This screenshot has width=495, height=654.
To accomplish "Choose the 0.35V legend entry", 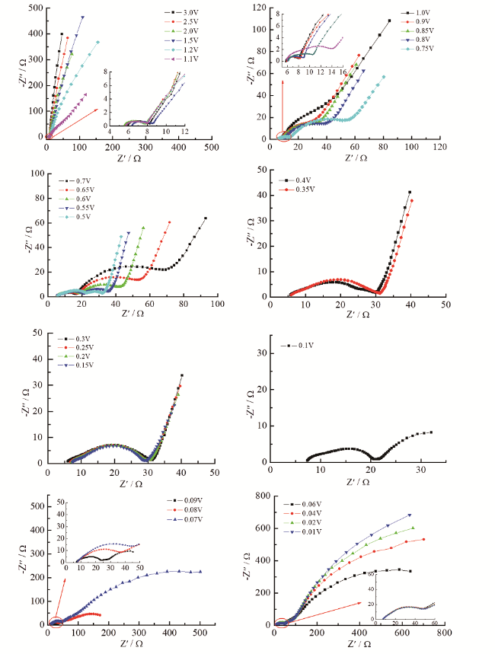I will click(295, 190).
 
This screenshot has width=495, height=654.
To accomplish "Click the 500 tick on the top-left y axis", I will click(35, 8).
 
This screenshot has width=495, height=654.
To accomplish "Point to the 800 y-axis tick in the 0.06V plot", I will click(265, 495).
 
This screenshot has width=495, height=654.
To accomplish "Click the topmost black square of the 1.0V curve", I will click(389, 21).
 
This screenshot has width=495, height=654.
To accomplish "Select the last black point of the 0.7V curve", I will click(205, 219).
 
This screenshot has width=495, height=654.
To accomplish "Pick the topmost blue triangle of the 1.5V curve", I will click(82, 17).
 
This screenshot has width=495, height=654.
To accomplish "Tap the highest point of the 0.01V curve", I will click(410, 515).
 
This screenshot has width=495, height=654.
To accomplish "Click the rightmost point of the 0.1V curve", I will click(431, 432).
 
